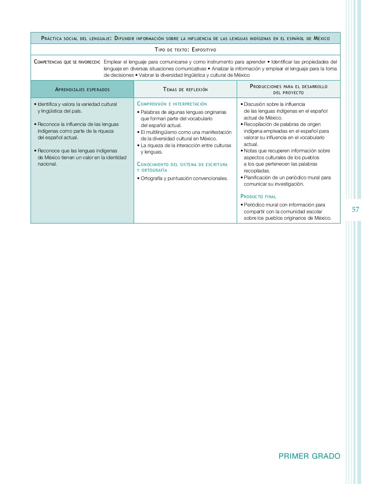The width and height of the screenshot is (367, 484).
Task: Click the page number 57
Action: [x=355, y=209]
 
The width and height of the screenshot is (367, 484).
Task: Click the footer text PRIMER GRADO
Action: [x=309, y=456]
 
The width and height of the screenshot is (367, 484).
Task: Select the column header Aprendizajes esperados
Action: [x=82, y=90]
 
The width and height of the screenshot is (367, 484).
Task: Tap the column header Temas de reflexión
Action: [x=185, y=90]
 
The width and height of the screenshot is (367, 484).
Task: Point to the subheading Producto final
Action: [x=258, y=197]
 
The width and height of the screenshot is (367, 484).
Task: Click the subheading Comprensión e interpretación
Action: [x=172, y=104]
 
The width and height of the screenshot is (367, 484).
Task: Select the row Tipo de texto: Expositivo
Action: [x=185, y=50]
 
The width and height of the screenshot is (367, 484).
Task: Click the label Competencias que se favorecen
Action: [x=67, y=62]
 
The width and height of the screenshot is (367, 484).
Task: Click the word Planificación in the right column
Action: [x=258, y=178]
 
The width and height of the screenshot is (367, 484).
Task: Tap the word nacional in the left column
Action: [x=47, y=164]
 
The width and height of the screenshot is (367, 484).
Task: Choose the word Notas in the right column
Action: [x=250, y=151]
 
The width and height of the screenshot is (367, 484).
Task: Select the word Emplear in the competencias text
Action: [x=113, y=62]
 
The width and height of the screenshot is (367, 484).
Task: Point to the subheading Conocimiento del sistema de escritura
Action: [x=182, y=164]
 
